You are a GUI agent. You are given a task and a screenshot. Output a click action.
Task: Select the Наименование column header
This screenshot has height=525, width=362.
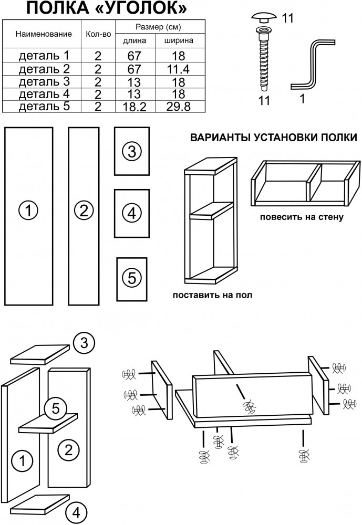(44, 34)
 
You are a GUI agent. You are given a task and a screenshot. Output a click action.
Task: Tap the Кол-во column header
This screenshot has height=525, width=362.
(98, 34)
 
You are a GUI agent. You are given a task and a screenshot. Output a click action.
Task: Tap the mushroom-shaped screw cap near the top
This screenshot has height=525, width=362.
(263, 17)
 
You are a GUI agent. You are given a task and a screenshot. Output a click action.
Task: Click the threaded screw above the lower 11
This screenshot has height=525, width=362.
(263, 60)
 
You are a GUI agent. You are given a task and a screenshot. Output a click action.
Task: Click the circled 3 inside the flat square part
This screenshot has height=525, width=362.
(132, 152)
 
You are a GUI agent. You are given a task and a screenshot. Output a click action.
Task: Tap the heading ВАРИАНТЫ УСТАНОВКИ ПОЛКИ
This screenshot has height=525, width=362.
(273, 137)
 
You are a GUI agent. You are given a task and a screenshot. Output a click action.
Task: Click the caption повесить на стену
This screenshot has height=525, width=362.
(301, 217)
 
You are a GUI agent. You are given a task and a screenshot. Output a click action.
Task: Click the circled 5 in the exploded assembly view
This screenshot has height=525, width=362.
(55, 408)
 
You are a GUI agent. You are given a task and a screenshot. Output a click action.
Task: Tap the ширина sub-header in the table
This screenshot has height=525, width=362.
(178, 40)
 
